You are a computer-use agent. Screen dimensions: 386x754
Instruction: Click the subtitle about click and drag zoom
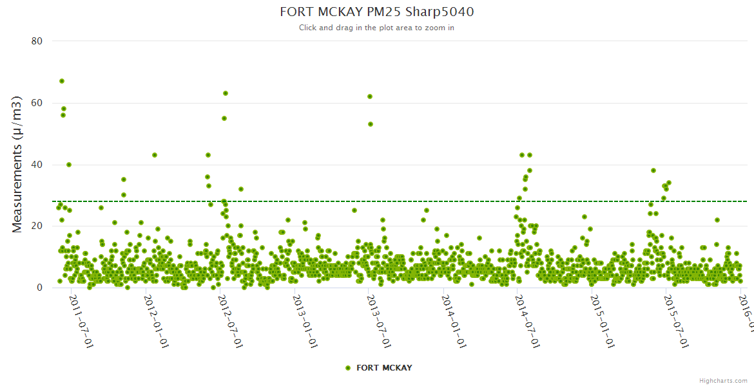pos(376,28)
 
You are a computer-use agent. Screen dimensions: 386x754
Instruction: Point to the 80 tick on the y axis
pos(37,41)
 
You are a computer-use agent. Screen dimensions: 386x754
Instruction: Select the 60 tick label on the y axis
pos(37,103)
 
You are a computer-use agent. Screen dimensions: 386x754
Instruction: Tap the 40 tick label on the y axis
pos(37,165)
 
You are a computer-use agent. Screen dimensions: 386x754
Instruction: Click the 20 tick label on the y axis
pos(37,226)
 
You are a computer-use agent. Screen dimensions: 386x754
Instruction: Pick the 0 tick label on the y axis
pos(39,288)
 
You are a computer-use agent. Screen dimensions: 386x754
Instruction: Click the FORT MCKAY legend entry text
pos(384,368)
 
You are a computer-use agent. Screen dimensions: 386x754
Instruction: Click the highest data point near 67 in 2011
pos(62,81)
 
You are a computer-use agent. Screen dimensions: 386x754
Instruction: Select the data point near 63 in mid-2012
pos(226,93)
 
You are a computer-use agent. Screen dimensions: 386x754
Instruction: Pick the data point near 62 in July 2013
pos(370,96)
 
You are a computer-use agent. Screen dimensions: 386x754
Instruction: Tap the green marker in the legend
pos(348,368)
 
